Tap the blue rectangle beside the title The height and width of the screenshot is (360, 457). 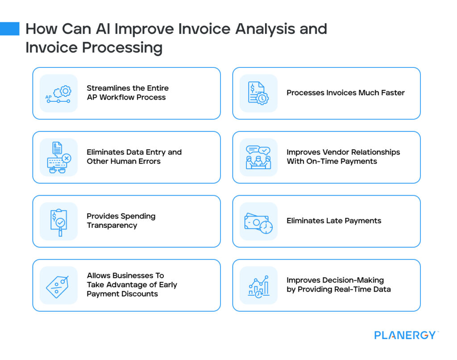(x=9, y=29)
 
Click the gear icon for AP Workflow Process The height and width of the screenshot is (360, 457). (x=58, y=93)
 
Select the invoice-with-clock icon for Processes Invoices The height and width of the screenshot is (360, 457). (x=258, y=93)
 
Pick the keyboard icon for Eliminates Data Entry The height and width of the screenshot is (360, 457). (x=58, y=157)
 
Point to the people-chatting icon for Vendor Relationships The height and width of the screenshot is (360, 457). (x=258, y=157)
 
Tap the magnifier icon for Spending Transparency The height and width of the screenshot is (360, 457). (x=58, y=222)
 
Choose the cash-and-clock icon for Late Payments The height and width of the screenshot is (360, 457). (x=258, y=222)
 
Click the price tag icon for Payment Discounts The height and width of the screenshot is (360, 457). (x=58, y=285)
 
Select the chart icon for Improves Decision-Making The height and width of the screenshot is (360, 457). (x=258, y=285)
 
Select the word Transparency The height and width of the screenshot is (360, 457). (x=112, y=226)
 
